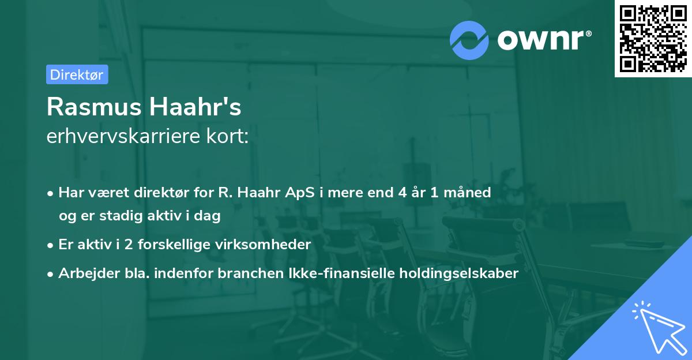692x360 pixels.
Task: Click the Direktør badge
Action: (77, 74)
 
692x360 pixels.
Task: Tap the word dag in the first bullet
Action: (208, 216)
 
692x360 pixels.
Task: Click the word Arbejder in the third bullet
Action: (84, 273)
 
